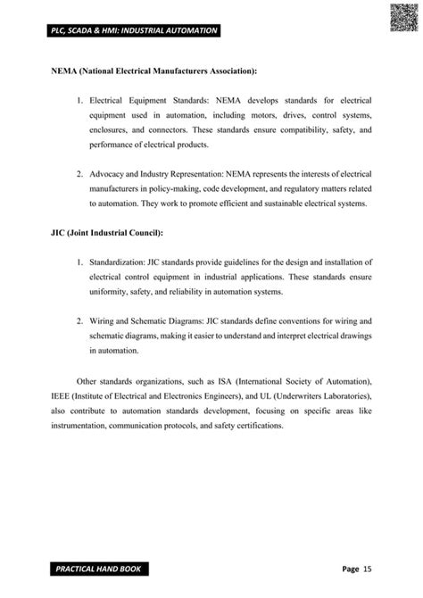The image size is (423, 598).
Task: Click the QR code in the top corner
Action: [x=403, y=17]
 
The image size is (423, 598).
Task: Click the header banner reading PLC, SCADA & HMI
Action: [x=126, y=31]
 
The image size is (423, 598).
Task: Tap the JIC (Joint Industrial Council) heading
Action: [x=107, y=233]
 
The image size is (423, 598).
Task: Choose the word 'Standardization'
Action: [x=121, y=262]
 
